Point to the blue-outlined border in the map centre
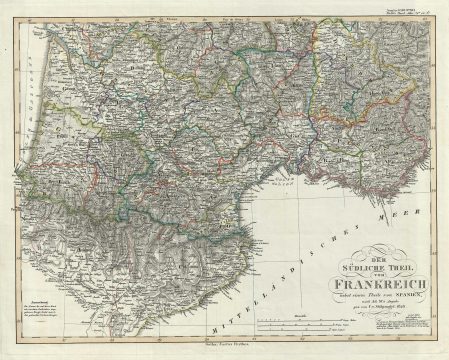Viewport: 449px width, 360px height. pyautogui.click(x=200, y=140)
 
